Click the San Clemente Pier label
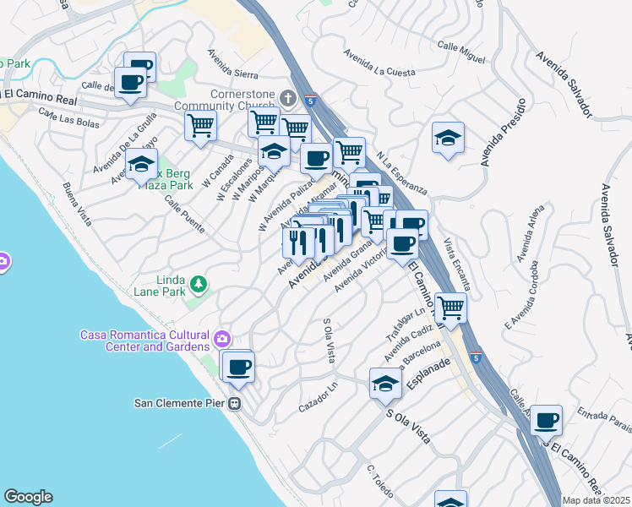(x=181, y=402)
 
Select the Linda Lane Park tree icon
(x=198, y=284)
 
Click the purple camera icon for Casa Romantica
(x=221, y=339)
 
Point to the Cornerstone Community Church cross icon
(x=287, y=98)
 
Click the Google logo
(x=28, y=497)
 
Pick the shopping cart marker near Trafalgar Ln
(x=450, y=307)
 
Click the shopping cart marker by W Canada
(x=201, y=126)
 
